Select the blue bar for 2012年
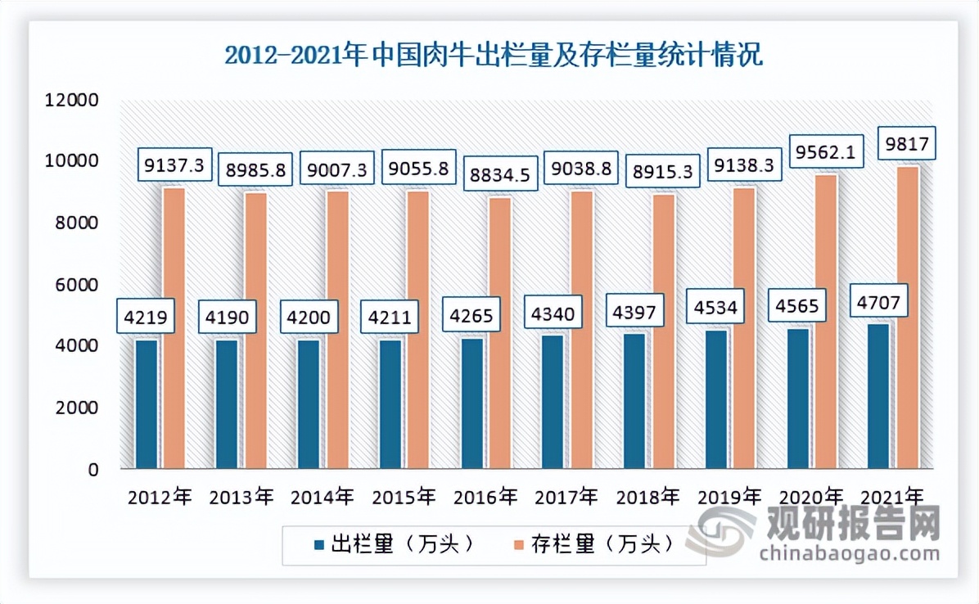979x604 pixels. pos(147,404)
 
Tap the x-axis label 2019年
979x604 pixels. pos(728,496)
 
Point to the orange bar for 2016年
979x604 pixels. pos(499,333)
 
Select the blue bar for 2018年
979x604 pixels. pos(634,401)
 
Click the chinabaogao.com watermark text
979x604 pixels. pos(849,554)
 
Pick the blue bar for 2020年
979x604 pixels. pos(797,399)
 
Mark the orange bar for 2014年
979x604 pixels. pos(337,330)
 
